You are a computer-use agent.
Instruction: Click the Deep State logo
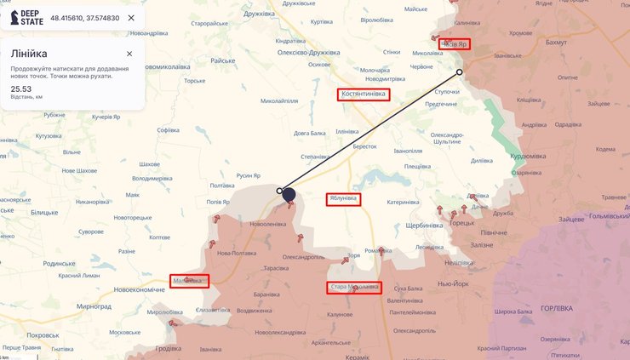pos(26,17)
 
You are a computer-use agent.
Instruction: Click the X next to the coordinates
pos(130,18)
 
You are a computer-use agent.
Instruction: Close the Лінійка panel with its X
pos(129,54)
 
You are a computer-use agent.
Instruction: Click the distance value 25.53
pos(21,88)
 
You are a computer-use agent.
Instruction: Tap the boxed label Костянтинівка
pos(364,94)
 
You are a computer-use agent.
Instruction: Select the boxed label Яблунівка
pos(343,199)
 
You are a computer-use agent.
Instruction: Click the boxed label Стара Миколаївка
pos(353,288)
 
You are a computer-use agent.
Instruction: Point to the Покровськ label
pos(43,335)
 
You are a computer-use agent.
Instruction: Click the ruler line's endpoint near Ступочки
pos(460,72)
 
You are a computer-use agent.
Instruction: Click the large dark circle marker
pos(289,195)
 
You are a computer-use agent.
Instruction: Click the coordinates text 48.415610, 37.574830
pos(84,18)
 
